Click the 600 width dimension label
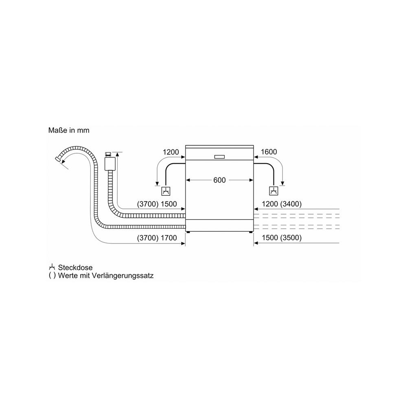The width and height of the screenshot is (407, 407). (x=219, y=180)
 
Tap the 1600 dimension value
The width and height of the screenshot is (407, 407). (x=269, y=152)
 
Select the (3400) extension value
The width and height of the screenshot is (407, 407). (x=291, y=204)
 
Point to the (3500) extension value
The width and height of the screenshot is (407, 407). (x=291, y=238)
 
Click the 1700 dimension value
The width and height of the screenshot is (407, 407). (x=169, y=238)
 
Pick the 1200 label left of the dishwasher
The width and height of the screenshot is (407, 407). (x=171, y=152)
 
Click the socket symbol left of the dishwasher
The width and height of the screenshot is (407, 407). (x=166, y=191)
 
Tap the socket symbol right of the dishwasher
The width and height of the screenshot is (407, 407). (x=274, y=191)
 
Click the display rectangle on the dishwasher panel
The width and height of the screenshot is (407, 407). (x=219, y=157)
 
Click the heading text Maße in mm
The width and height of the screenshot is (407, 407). (x=69, y=130)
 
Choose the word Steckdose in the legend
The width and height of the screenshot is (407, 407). (x=75, y=267)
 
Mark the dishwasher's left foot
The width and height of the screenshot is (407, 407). (x=188, y=232)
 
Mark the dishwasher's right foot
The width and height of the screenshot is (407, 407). (x=250, y=232)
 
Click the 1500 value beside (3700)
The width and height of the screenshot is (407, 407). (x=169, y=204)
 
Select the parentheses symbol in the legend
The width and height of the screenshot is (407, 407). (x=52, y=276)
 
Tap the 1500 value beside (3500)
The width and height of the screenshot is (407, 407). (x=270, y=238)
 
